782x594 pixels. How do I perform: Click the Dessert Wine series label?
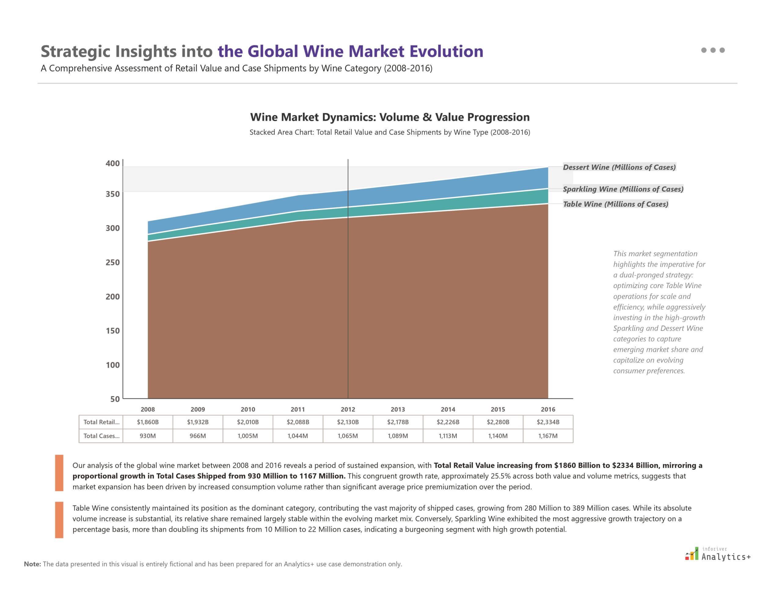pos(619,167)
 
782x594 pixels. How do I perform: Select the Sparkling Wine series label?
pos(623,189)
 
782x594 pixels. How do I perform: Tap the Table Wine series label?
pos(616,204)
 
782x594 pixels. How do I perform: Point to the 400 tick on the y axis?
pos(112,163)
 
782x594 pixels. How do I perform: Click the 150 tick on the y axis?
pos(112,330)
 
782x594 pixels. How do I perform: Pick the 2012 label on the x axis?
pos(348,410)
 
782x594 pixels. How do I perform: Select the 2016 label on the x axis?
pos(548,410)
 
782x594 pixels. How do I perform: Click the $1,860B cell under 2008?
pos(148,422)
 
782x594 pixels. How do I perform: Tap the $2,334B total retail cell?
pos(548,422)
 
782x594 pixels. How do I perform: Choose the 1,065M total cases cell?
pos(348,436)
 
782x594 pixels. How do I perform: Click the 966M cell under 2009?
pos(198,436)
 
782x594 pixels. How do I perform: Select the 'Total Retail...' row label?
pos(101,422)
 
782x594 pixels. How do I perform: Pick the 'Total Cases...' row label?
pos(101,436)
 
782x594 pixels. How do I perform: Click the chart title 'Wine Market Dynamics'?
pos(390,117)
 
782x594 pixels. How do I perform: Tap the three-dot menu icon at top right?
pos(713,50)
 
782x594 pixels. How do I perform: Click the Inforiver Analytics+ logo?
pos(718,554)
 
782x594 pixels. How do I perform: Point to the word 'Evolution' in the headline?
pos(446,51)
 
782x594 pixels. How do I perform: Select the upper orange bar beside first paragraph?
pos(59,473)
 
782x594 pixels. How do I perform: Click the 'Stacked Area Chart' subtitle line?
pos(390,132)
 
